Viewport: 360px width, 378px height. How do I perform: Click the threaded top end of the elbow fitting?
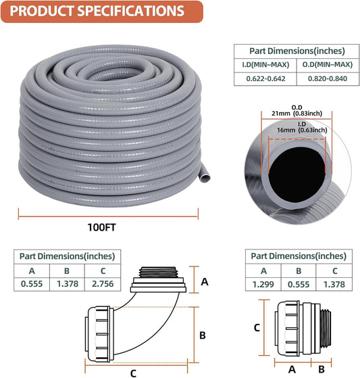coord(160,276)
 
